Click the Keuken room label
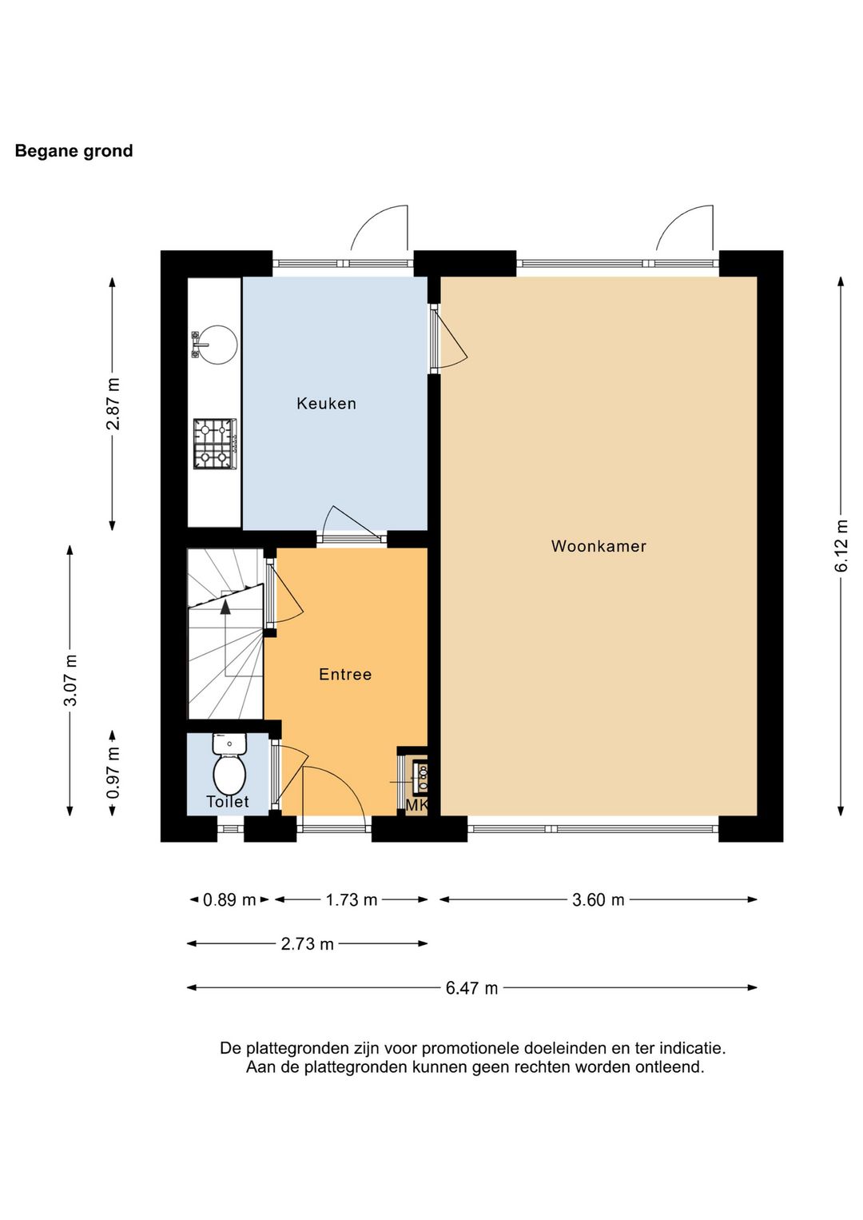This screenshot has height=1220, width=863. (x=326, y=404)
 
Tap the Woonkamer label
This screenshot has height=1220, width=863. (x=599, y=546)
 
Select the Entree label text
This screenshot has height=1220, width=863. (x=345, y=674)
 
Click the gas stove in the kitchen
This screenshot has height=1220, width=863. (x=215, y=444)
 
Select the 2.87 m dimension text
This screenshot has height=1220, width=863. (x=113, y=404)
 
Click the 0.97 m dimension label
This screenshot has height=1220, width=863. (x=113, y=773)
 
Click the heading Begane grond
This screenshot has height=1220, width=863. (x=74, y=151)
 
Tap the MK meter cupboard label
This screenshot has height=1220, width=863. (x=416, y=806)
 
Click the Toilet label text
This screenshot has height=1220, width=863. (x=228, y=801)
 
